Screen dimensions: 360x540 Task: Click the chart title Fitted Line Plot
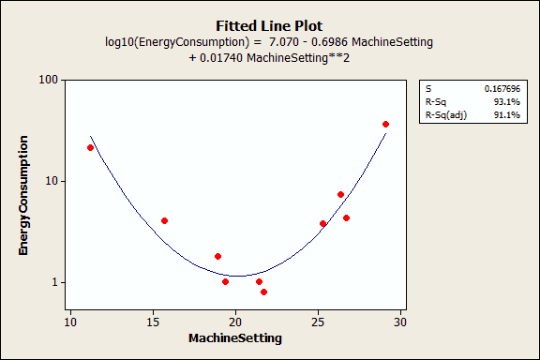coord(269,25)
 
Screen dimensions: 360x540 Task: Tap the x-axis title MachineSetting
coord(235,337)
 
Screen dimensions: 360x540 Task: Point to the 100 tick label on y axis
coord(51,80)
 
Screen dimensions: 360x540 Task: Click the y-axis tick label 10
coord(54,181)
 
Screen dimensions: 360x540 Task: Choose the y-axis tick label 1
coord(57,282)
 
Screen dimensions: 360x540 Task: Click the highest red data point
coord(385,124)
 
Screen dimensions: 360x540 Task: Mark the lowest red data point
coord(263,292)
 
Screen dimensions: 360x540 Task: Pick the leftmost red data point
coord(90,147)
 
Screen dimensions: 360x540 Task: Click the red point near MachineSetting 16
coord(164,220)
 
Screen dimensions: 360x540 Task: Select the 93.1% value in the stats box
coord(509,101)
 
